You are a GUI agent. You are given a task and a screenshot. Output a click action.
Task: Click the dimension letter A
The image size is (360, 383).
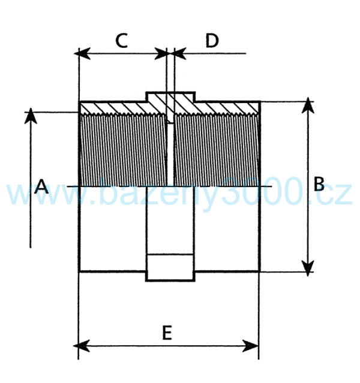point(41,186)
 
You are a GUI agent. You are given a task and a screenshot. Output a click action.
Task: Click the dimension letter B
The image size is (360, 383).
point(319,184)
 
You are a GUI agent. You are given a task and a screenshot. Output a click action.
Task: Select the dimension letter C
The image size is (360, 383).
point(122,41)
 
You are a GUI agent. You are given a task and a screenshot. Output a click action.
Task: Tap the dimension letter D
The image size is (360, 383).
point(212,41)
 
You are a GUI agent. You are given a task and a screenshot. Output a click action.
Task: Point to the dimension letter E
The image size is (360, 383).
point(167,333)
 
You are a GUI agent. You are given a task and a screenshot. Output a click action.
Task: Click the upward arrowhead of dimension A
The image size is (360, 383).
point(31,116)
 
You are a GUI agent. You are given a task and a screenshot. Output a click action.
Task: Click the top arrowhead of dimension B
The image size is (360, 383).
point(308,105)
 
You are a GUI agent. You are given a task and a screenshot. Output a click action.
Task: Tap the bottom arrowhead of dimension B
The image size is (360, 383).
point(308,268)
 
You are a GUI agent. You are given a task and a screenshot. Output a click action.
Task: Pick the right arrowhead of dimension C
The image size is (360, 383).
point(161,53)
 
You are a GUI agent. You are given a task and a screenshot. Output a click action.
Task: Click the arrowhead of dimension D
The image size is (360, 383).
point(180,53)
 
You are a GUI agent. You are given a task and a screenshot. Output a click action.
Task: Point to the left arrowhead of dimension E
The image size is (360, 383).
point(82,346)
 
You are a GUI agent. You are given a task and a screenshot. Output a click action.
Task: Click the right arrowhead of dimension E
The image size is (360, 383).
point(250,346)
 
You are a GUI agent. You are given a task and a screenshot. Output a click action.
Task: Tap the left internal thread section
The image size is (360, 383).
point(124,149)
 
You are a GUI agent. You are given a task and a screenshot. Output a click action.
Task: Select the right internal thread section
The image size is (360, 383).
point(216,149)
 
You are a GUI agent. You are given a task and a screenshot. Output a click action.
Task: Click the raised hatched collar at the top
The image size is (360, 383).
point(170,97)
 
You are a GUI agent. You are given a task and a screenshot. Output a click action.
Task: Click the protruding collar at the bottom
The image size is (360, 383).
point(170,268)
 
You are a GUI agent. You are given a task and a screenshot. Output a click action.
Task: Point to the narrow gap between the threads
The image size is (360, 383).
point(170,155)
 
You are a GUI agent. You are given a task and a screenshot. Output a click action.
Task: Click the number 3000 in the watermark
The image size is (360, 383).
point(264,191)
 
